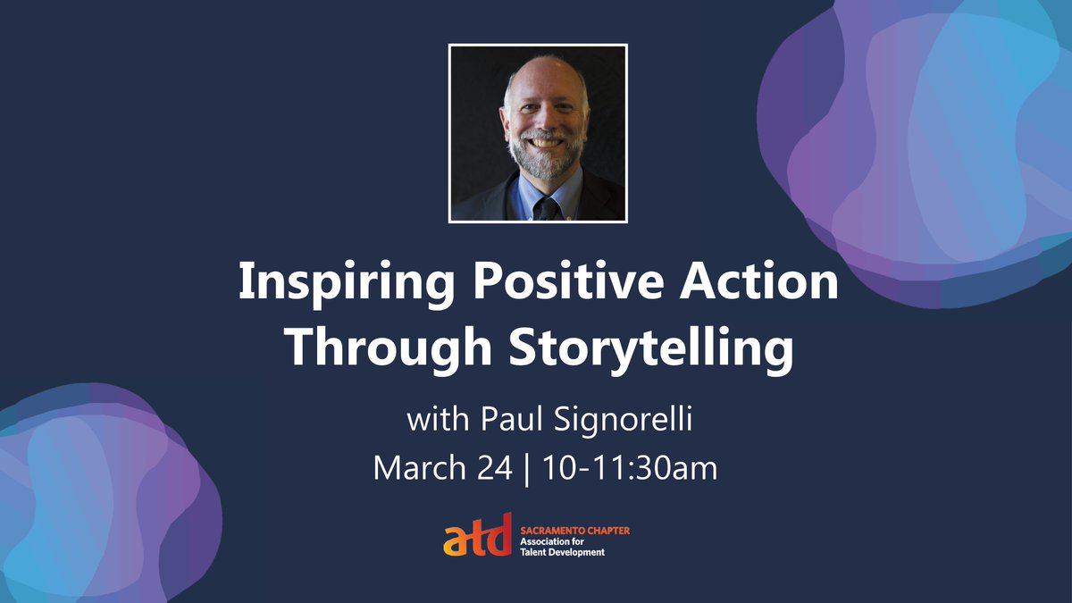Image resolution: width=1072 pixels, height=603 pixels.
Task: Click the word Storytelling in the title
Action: click(x=650, y=348)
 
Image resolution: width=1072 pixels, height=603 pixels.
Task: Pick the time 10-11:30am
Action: click(x=629, y=467)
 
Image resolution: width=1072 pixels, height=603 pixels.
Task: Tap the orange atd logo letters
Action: click(x=478, y=535)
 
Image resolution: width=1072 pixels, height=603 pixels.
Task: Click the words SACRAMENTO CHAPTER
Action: click(x=574, y=531)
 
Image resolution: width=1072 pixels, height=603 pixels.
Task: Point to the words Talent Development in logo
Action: click(x=563, y=552)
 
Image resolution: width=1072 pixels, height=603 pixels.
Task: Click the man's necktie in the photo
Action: click(x=541, y=207)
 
